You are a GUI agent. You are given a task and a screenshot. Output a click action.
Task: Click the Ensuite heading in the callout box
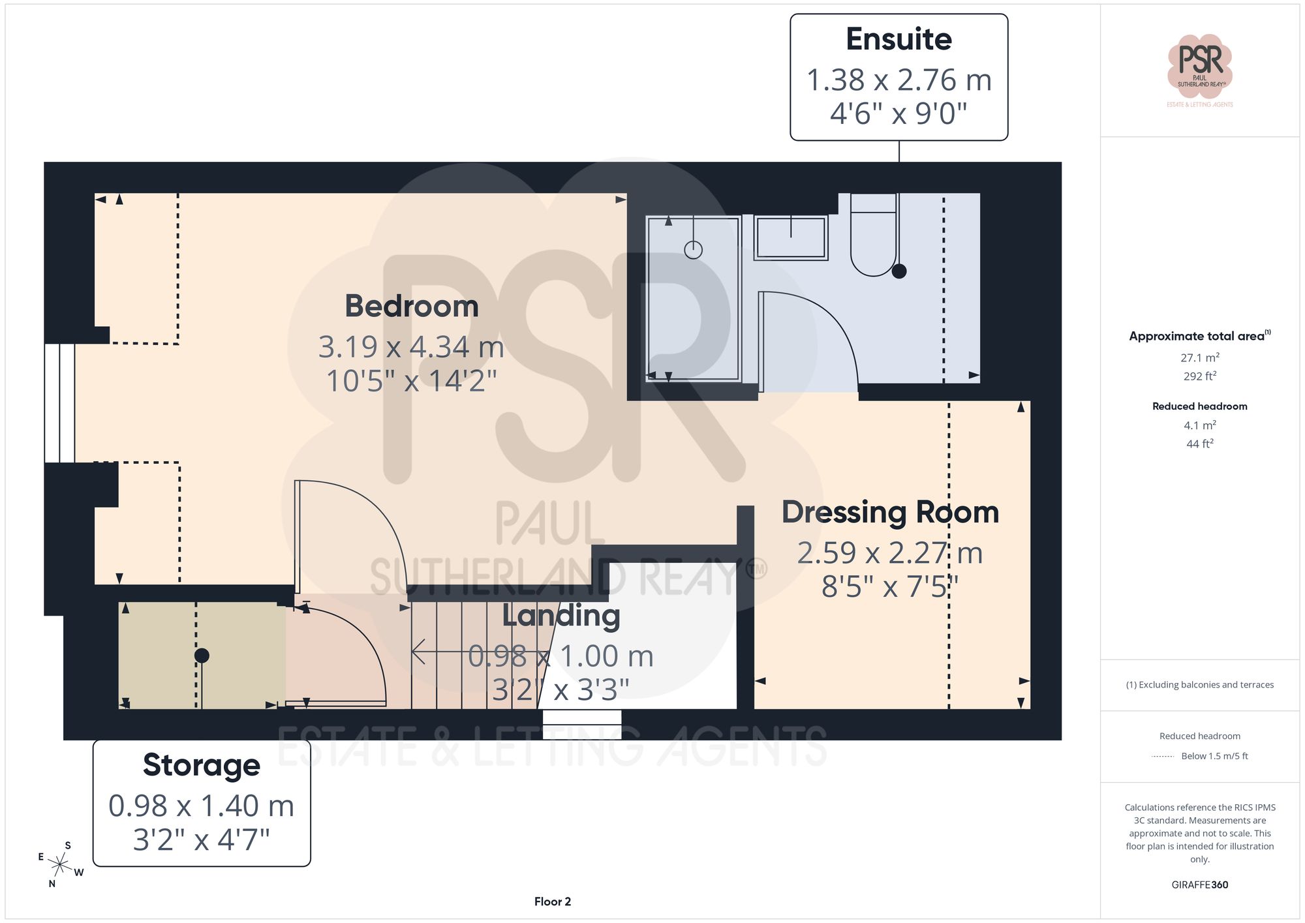[x=898, y=40]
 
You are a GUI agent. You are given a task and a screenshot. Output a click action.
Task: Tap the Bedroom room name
[x=411, y=306]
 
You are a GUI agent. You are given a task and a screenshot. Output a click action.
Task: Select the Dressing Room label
[x=890, y=512]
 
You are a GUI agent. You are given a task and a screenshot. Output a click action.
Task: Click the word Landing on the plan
[x=560, y=616]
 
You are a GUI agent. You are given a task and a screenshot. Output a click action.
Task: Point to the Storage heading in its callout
[x=201, y=765]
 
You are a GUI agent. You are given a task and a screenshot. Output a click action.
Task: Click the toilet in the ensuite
[x=873, y=241]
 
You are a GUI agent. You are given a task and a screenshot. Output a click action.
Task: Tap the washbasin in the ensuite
[x=791, y=238]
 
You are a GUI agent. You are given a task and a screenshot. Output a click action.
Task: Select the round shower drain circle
[x=693, y=250]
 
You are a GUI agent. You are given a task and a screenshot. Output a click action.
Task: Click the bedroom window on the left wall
[x=59, y=402]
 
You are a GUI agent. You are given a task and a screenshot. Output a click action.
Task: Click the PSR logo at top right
[x=1199, y=65]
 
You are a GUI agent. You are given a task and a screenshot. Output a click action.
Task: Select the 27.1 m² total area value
[x=1199, y=357]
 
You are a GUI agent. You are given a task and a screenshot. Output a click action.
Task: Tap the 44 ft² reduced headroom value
[x=1199, y=444]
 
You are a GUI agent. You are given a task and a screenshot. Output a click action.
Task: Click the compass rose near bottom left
[x=60, y=865]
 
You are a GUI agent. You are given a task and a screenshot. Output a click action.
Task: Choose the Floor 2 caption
[x=552, y=901]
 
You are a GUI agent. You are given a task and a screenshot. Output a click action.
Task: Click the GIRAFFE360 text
[x=1199, y=885]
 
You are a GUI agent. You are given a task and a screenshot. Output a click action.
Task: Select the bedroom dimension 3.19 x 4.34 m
[x=411, y=347]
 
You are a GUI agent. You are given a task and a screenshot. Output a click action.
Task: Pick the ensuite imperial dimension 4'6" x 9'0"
[x=898, y=113]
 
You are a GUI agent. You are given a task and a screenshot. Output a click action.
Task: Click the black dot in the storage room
[x=202, y=656]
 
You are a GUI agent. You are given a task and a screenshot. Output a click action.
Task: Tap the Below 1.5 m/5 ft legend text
[x=1214, y=756]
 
